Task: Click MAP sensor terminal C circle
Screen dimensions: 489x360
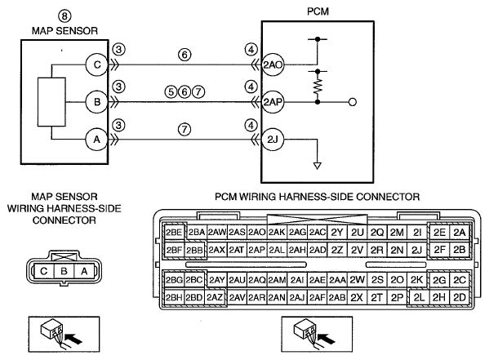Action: (x=97, y=64)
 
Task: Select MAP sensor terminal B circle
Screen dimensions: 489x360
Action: (x=97, y=102)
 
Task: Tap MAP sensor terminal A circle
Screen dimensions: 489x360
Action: (x=97, y=139)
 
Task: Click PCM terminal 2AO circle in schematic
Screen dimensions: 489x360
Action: (x=273, y=64)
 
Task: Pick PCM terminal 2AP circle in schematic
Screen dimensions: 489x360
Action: (x=273, y=102)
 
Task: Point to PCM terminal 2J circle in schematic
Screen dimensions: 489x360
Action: (x=273, y=139)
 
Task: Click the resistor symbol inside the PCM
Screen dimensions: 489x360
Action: (x=318, y=87)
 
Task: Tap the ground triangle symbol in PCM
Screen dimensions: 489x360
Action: (x=318, y=166)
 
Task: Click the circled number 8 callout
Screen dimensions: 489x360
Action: (x=64, y=16)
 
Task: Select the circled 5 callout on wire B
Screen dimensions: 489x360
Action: (x=171, y=91)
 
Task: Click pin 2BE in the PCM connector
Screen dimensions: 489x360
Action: (x=174, y=233)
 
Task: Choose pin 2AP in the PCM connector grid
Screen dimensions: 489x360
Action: (x=257, y=250)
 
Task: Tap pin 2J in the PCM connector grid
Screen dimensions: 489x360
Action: (x=416, y=250)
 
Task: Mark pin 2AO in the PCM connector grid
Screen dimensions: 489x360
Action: (x=257, y=233)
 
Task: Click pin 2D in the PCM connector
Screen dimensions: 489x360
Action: (x=460, y=297)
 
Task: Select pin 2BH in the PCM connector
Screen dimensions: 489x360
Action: (x=174, y=297)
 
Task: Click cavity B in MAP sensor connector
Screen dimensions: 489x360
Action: (x=64, y=271)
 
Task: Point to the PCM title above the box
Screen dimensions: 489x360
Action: (x=318, y=11)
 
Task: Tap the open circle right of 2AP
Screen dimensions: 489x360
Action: (x=353, y=102)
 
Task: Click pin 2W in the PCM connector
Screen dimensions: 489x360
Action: (x=357, y=280)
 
